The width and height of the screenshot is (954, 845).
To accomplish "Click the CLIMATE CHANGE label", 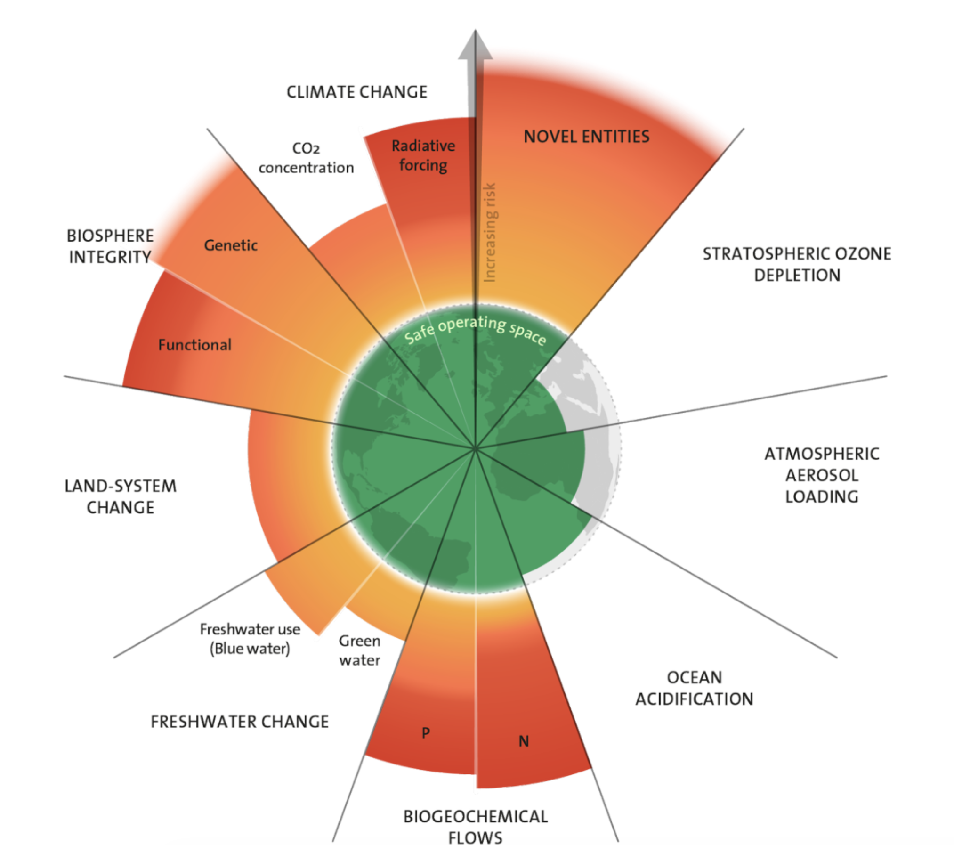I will [357, 92].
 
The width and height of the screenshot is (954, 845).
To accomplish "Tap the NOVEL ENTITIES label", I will [586, 137].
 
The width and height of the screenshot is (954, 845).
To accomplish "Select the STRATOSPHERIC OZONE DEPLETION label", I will [797, 264].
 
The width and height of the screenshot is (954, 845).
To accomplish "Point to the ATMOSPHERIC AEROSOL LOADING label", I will [822, 475].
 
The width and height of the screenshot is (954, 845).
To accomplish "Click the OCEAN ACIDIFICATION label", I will [694, 688].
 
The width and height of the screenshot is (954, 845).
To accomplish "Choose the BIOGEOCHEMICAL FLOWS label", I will [476, 827].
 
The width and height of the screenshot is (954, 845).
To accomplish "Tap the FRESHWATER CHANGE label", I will [240, 722].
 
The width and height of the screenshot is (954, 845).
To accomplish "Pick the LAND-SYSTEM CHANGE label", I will [121, 496].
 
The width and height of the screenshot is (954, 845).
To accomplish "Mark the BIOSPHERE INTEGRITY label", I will [110, 246].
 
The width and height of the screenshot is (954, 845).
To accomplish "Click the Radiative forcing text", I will [423, 155].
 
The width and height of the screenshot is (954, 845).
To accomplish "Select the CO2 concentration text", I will [306, 158].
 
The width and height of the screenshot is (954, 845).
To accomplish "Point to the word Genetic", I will [231, 245].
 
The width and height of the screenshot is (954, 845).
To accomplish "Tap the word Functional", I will [194, 345].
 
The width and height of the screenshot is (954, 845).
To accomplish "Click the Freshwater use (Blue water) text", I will [250, 639].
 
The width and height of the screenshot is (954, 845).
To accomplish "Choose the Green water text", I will [359, 650].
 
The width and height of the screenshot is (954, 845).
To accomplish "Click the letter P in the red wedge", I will [426, 732].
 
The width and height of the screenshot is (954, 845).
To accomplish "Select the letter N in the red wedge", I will [524, 741].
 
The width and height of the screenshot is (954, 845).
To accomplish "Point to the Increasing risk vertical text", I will [490, 233].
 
